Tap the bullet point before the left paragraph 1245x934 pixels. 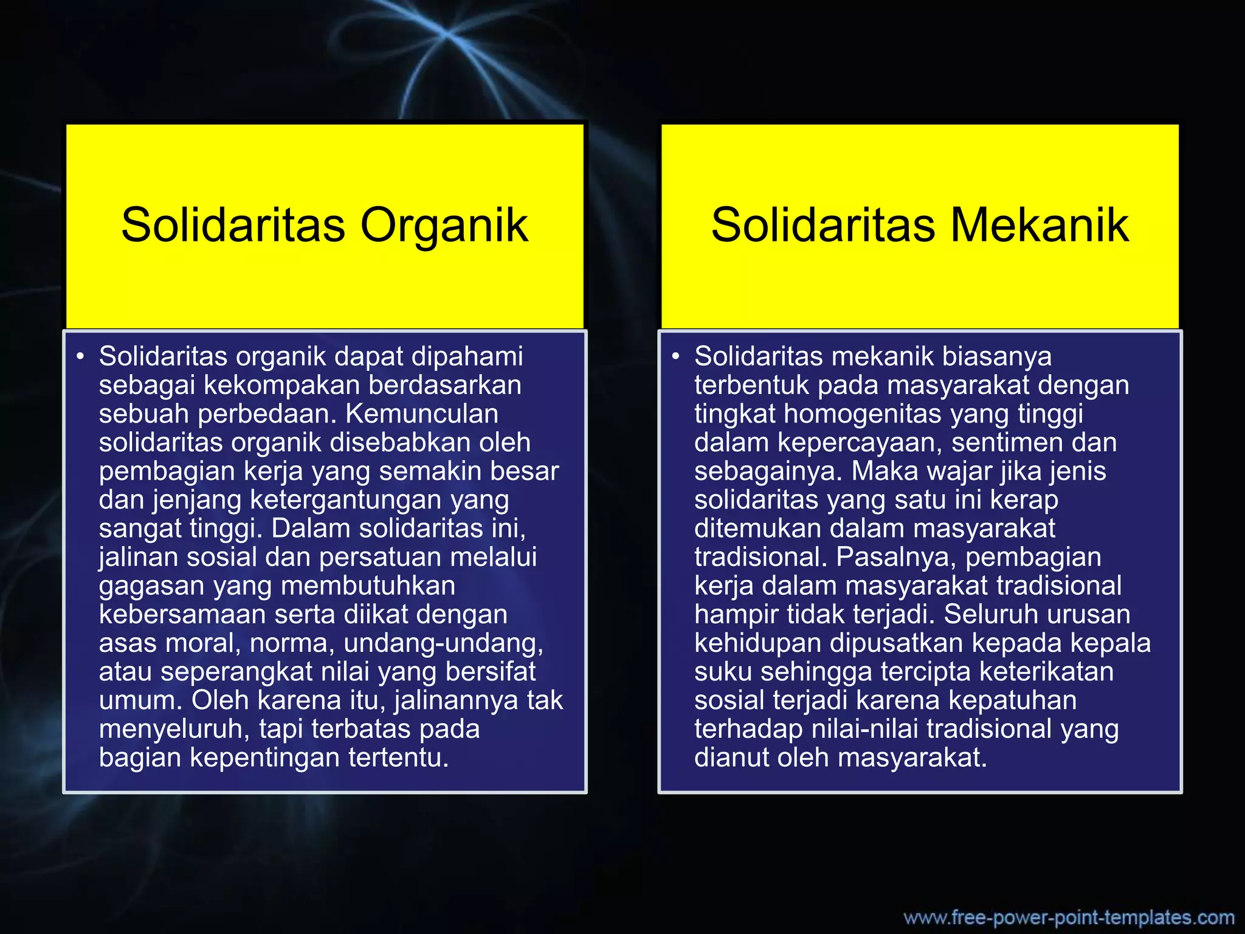click(80, 357)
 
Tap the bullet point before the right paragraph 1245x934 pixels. click(675, 357)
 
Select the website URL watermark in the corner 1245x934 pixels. click(1069, 917)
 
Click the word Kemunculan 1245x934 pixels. click(422, 414)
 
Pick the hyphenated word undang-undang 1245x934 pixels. click(444, 643)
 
